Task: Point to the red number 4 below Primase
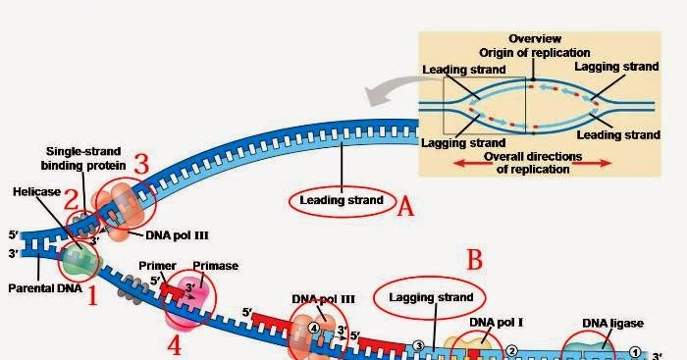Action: [x=175, y=344]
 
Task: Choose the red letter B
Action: [x=474, y=260]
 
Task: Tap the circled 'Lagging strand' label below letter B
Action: [x=431, y=296]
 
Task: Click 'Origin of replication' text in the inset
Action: [x=534, y=52]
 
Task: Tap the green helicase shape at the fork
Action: [x=78, y=258]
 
